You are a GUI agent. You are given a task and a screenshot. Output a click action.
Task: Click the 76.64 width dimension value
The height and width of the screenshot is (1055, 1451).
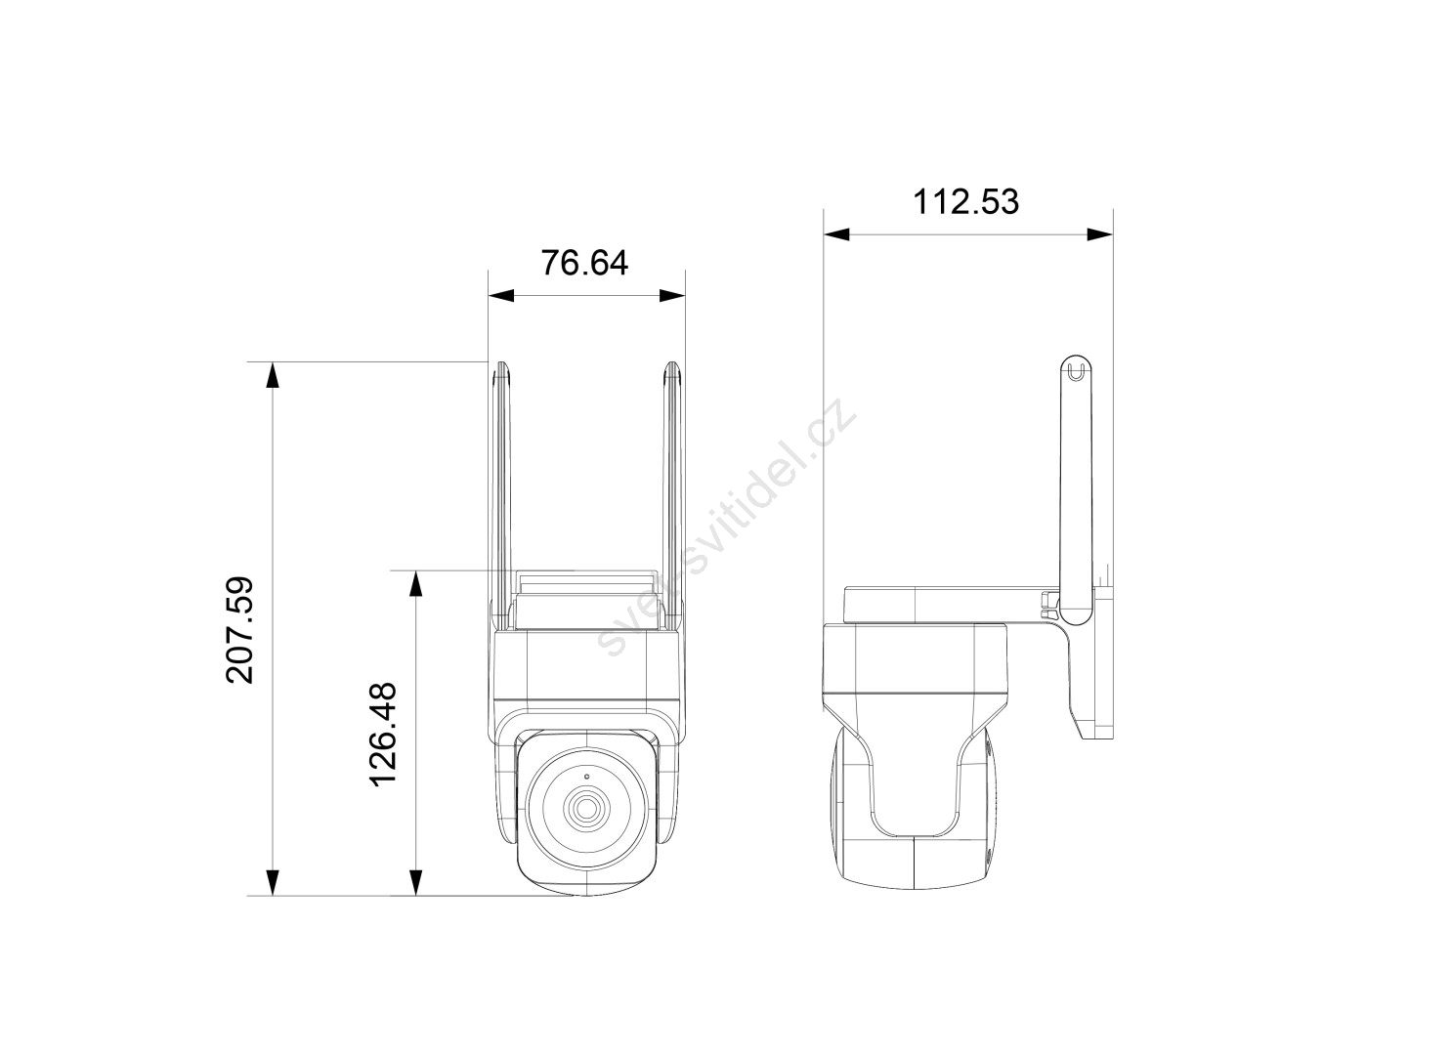click(x=584, y=263)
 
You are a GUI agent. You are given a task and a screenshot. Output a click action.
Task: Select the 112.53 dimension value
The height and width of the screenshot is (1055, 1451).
click(x=965, y=201)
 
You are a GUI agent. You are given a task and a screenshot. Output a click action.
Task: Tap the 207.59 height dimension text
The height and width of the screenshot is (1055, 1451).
click(x=239, y=629)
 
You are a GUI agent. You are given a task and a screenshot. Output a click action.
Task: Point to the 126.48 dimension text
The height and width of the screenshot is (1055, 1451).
click(x=383, y=734)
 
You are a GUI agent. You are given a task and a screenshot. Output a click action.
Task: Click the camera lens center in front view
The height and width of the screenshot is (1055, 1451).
click(x=586, y=807)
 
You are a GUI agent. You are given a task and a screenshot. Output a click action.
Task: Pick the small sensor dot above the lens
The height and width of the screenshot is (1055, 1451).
click(x=586, y=776)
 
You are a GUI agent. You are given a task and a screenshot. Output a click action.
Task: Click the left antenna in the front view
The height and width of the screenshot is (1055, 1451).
click(x=500, y=495)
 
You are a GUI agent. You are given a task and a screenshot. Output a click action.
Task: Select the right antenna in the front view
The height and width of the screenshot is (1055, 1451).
click(x=672, y=495)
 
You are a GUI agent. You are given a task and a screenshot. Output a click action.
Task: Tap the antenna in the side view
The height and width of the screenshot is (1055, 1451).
click(x=1075, y=489)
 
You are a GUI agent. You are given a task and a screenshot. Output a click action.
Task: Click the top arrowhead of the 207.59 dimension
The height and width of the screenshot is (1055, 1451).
click(x=273, y=375)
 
